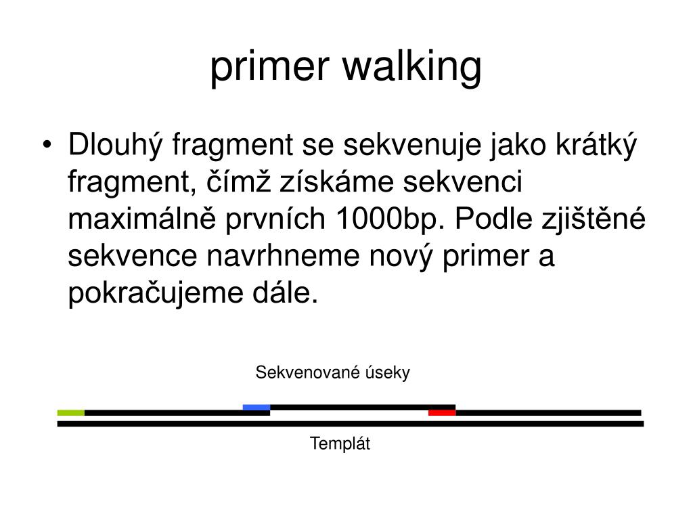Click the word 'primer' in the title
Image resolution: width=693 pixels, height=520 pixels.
[269, 68]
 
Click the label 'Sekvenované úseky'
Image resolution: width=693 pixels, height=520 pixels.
[332, 372]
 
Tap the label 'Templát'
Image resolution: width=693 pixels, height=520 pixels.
[340, 444]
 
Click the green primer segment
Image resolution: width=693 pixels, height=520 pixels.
[70, 412]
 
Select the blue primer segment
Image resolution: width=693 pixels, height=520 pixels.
[256, 407]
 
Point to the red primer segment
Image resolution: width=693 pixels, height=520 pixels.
[441, 412]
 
